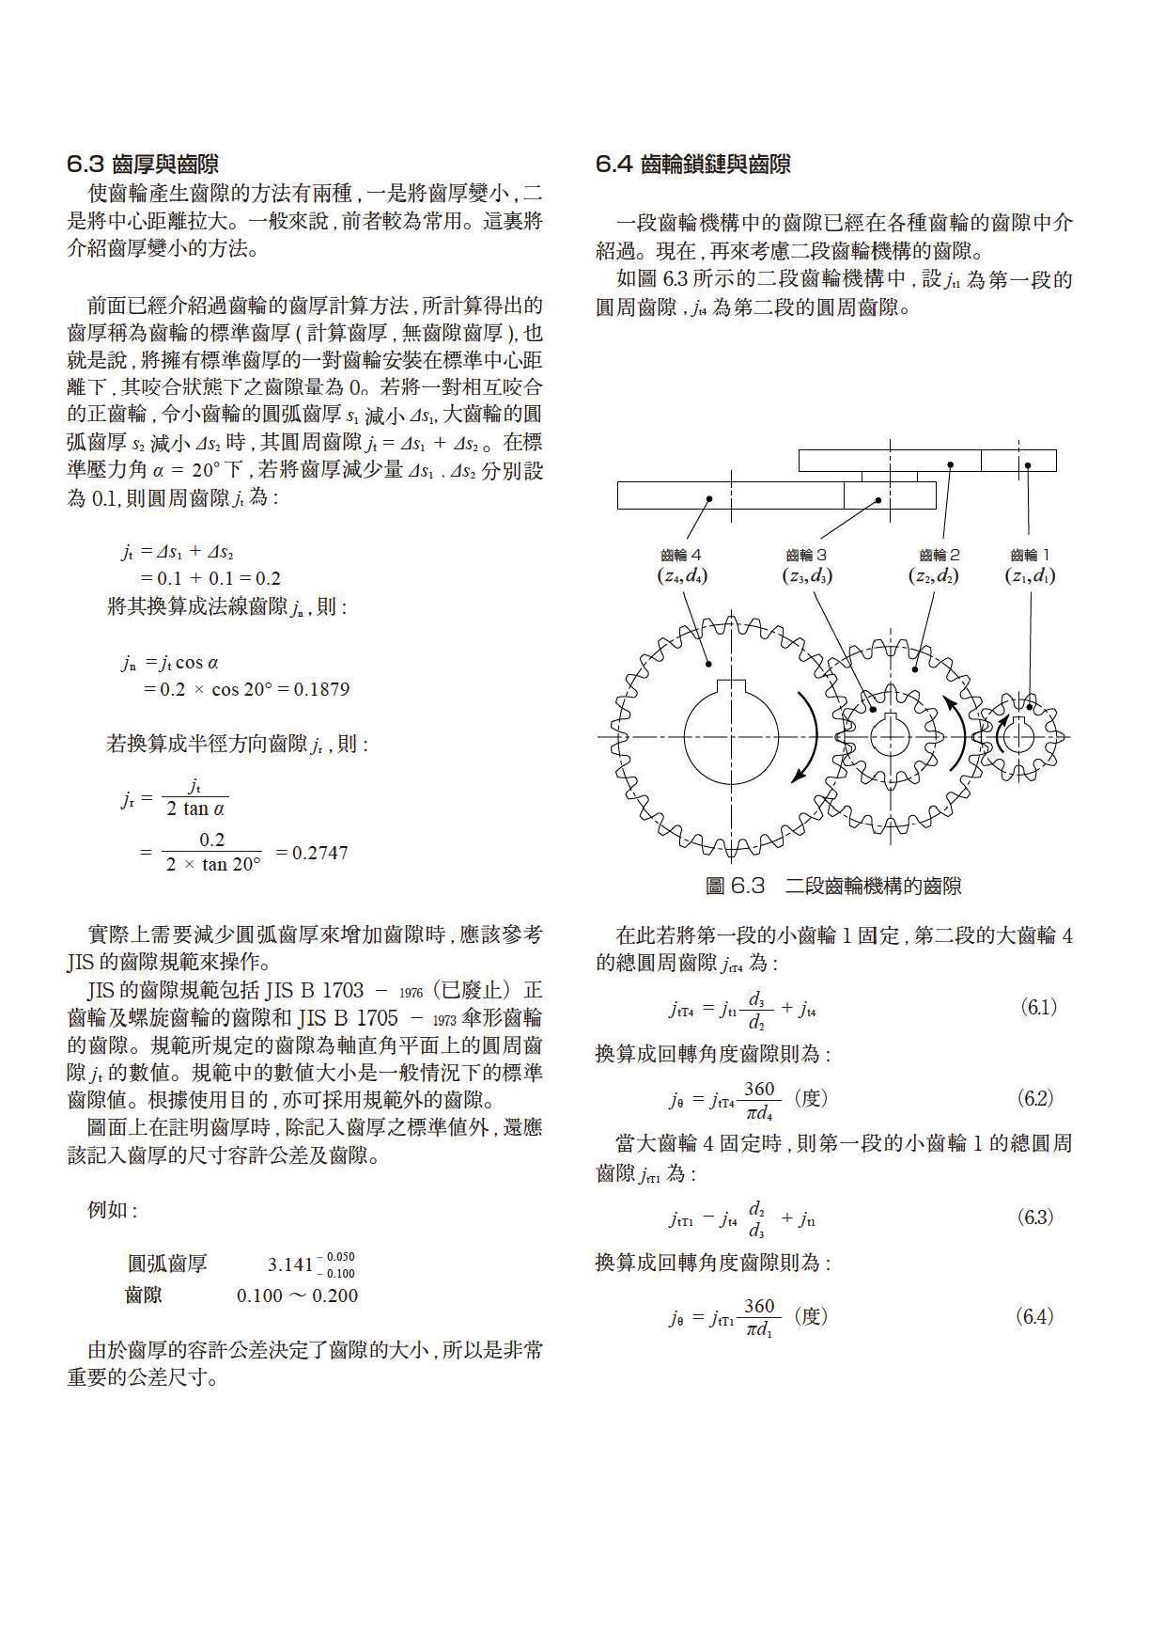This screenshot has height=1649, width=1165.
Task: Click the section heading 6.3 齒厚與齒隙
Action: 143,165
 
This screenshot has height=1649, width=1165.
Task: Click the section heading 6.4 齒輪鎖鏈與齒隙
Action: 693,165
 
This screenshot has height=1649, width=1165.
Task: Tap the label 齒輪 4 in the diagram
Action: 681,556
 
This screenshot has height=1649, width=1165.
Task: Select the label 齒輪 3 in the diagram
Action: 807,556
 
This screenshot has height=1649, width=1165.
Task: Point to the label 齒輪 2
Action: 940,556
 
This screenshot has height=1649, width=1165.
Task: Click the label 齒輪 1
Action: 1030,556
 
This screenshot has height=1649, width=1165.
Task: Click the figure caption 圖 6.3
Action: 832,886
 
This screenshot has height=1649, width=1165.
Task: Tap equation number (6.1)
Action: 1038,1008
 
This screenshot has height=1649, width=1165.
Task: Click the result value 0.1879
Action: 321,689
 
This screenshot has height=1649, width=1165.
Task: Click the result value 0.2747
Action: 319,853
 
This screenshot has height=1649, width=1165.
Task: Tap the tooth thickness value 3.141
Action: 289,1264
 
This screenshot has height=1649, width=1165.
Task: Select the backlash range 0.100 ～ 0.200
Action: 297,1296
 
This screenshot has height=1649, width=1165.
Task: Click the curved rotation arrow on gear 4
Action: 807,737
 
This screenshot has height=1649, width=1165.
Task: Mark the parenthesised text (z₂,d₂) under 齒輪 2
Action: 933,575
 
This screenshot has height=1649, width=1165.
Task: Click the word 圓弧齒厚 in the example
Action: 167,1264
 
